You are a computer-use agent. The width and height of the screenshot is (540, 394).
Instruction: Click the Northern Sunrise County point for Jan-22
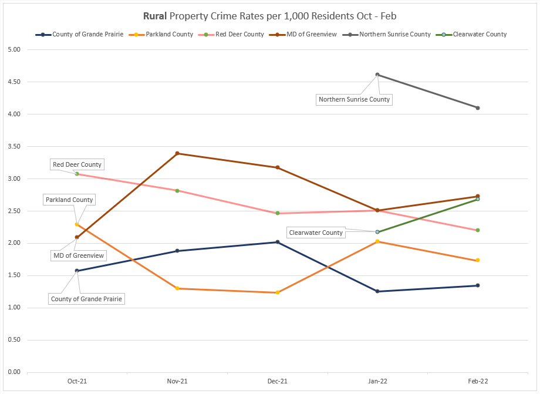point(377,75)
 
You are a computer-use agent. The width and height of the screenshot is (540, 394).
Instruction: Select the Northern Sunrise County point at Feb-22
point(478,108)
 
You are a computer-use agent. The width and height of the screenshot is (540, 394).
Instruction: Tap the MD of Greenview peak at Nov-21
point(177,153)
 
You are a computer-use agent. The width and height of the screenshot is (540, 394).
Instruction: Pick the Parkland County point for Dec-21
point(277,292)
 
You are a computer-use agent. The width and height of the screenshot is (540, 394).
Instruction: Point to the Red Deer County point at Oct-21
point(77,174)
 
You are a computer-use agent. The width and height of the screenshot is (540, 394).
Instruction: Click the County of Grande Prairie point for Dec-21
point(277,242)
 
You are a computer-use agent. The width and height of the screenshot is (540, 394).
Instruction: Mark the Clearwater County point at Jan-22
point(377,232)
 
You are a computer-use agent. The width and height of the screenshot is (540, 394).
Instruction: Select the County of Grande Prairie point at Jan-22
point(377,291)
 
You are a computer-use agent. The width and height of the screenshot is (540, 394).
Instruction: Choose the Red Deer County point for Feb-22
point(478,230)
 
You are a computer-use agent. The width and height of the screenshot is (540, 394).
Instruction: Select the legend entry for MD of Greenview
point(309,35)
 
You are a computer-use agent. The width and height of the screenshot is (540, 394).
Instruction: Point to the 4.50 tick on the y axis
point(13,82)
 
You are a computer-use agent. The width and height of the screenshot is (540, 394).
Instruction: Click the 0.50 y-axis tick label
point(13,340)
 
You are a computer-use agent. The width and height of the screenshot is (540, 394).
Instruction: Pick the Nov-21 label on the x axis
point(177,382)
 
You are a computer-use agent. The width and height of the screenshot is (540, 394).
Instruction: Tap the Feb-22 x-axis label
point(478,382)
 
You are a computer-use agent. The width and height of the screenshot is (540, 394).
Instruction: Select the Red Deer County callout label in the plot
point(77,164)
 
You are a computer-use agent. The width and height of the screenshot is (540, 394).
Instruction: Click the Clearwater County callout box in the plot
point(316,233)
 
